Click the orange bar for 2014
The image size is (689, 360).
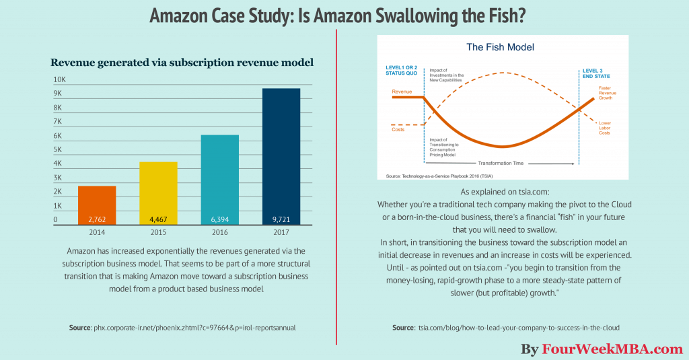tap(97, 205)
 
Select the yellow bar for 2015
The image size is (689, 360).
tap(159, 192)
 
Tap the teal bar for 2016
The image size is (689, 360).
tap(220, 179)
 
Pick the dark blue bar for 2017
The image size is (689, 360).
tap(281, 155)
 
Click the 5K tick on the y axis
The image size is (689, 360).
tap(58, 150)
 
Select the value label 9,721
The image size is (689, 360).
tap(281, 219)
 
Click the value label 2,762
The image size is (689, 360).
tap(97, 219)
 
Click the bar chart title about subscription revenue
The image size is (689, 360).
tap(182, 63)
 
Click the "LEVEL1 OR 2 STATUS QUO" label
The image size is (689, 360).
tap(402, 71)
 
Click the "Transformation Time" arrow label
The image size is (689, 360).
tap(501, 163)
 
